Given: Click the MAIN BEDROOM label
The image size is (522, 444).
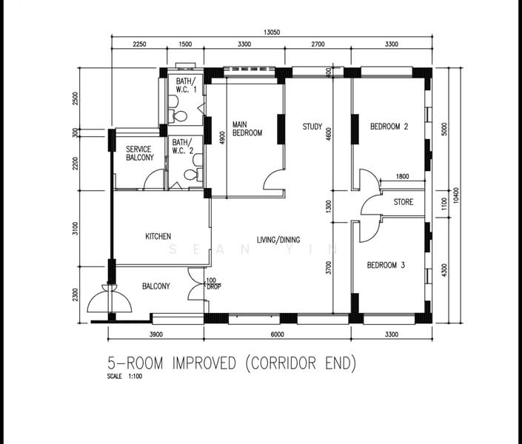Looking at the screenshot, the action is click(247, 129).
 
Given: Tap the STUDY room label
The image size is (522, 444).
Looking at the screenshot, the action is click(312, 127).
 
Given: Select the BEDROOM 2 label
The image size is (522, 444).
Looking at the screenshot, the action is click(389, 127).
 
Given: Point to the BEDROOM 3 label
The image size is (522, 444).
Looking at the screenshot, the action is click(386, 265).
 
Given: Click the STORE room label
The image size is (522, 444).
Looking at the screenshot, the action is click(403, 202).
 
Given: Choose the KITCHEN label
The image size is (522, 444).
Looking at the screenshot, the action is click(158, 236).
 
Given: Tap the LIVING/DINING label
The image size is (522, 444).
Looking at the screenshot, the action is click(278, 240).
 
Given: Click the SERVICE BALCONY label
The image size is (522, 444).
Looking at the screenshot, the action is click(140, 153).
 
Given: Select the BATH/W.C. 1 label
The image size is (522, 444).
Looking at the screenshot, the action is click(186, 85).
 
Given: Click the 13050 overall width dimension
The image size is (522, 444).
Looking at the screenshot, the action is click(272, 33).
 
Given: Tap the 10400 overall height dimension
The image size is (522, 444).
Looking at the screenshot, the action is click(456, 195).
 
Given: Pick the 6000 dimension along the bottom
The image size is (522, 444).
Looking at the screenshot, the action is click(277, 334).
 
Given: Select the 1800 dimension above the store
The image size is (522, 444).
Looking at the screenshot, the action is click(402, 176).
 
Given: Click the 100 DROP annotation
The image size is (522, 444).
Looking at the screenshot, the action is click(213, 283).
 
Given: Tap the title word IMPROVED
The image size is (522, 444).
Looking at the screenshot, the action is click(204, 363).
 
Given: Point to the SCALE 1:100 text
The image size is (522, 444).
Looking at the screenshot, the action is click(124, 377).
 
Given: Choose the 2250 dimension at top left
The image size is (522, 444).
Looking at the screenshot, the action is click(139, 44).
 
